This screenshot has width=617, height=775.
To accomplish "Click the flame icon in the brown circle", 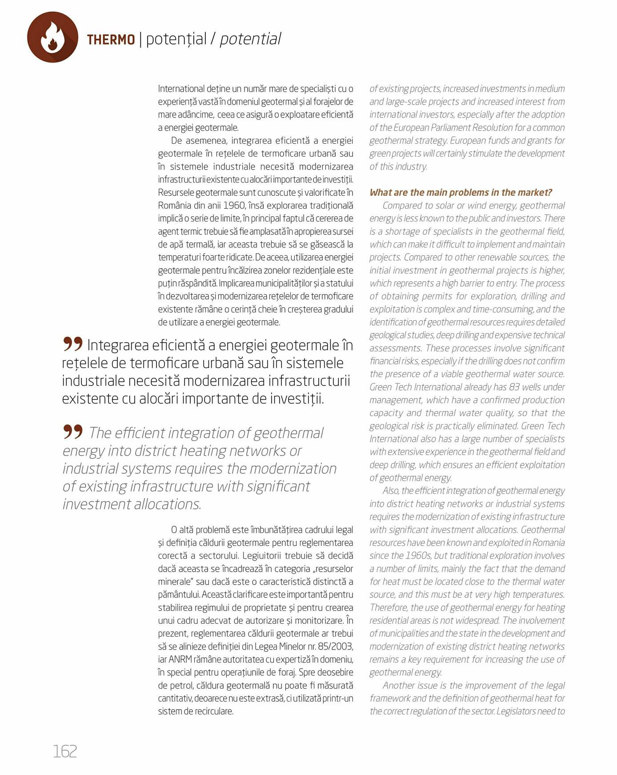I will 52,37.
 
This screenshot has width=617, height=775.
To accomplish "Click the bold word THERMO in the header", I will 111,40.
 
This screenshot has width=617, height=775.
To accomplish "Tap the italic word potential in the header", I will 250,39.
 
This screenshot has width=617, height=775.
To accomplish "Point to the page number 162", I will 65,751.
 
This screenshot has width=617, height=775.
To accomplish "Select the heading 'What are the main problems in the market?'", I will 461,192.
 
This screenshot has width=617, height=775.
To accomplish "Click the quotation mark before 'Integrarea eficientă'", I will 73,343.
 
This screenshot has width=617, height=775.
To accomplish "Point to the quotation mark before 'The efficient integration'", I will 73,431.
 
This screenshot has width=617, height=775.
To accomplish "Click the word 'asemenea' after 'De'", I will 207,141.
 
